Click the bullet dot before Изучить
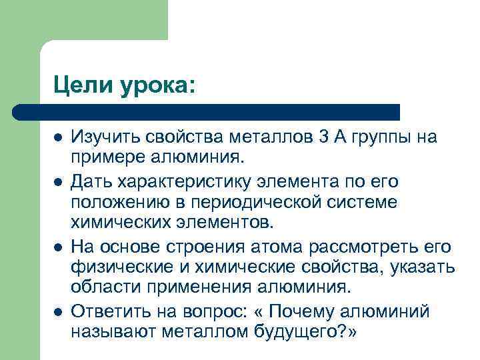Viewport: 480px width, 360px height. click(x=58, y=138)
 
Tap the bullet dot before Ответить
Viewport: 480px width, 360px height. click(x=58, y=311)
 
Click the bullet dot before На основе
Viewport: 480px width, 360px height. click(x=58, y=247)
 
